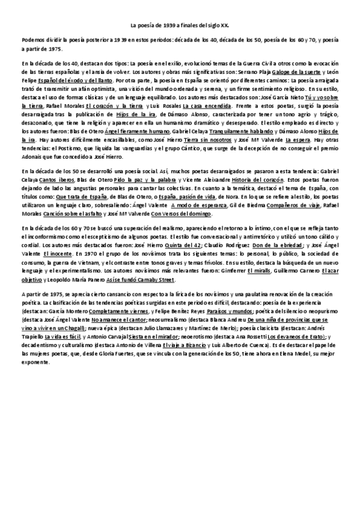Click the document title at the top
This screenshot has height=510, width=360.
pyautogui.click(x=180, y=26)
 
